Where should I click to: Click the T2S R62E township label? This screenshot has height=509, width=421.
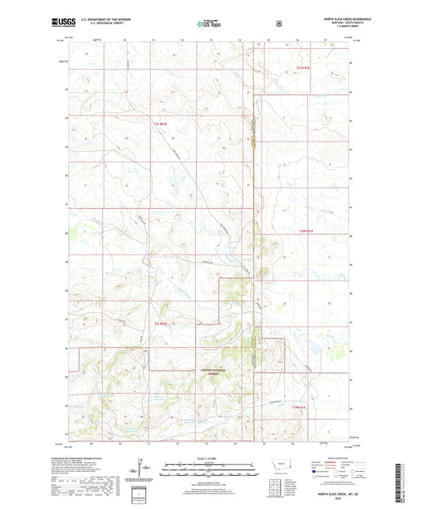[x=161, y=322]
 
